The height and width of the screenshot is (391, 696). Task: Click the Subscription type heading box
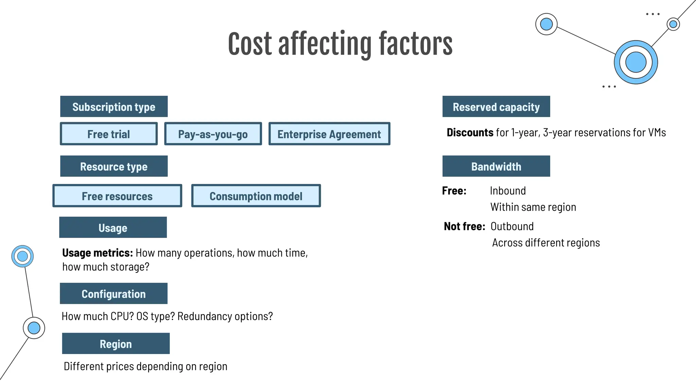tap(114, 107)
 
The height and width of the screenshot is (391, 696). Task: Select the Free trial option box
tap(109, 134)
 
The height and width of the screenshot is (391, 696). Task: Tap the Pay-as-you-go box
tap(213, 134)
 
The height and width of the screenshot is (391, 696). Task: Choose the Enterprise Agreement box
tap(329, 134)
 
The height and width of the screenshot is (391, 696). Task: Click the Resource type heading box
tap(114, 166)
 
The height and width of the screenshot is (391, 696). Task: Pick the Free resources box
tap(117, 196)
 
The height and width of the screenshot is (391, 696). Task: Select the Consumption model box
tap(256, 196)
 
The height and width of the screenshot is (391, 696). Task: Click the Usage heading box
tap(113, 227)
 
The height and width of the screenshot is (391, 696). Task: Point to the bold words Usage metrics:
tap(97, 253)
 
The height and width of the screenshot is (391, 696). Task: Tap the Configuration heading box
tap(114, 294)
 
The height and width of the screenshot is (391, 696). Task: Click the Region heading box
tap(116, 343)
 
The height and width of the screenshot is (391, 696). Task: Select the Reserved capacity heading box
tap(496, 107)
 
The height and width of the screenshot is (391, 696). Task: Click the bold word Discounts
tap(470, 132)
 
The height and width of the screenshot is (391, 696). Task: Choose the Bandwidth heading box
tap(496, 166)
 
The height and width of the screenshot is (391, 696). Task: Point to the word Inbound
tap(508, 191)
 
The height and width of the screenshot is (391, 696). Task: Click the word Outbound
tap(512, 226)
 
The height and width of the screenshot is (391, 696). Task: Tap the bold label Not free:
tap(464, 226)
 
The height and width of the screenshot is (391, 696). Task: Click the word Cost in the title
tap(250, 44)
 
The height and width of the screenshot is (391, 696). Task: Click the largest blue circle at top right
tap(636, 62)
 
